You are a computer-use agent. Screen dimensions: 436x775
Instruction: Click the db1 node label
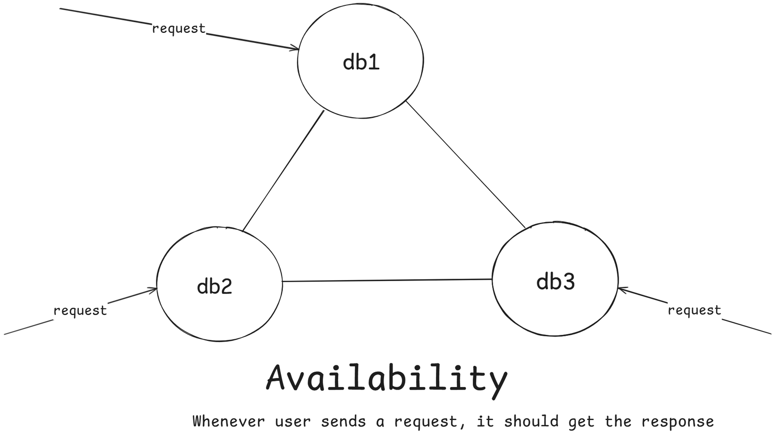[x=361, y=62]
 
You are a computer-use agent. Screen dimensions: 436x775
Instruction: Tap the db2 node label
[x=215, y=286]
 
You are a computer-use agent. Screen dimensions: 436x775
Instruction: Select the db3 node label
[x=555, y=281]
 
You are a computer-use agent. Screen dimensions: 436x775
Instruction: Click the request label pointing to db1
[x=179, y=29]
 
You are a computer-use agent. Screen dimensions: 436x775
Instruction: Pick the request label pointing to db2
[x=80, y=310]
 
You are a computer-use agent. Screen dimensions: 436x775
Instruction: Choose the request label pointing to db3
[x=694, y=310]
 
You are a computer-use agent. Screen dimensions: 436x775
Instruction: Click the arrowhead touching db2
[x=153, y=290]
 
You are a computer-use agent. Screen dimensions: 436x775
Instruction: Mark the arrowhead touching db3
[x=622, y=289]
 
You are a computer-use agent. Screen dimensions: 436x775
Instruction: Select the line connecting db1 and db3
[x=465, y=165]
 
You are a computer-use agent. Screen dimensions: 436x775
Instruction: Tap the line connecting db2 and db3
[x=387, y=280]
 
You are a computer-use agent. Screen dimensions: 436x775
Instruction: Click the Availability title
[x=387, y=379]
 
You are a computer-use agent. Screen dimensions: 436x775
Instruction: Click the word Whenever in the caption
[x=229, y=421]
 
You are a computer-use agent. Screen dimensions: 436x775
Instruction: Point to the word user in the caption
[x=293, y=421]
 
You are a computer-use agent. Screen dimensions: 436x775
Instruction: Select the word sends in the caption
[x=343, y=421]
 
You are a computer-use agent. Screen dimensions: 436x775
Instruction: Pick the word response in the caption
[x=677, y=422]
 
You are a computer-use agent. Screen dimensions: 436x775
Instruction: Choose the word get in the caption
[x=581, y=422]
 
